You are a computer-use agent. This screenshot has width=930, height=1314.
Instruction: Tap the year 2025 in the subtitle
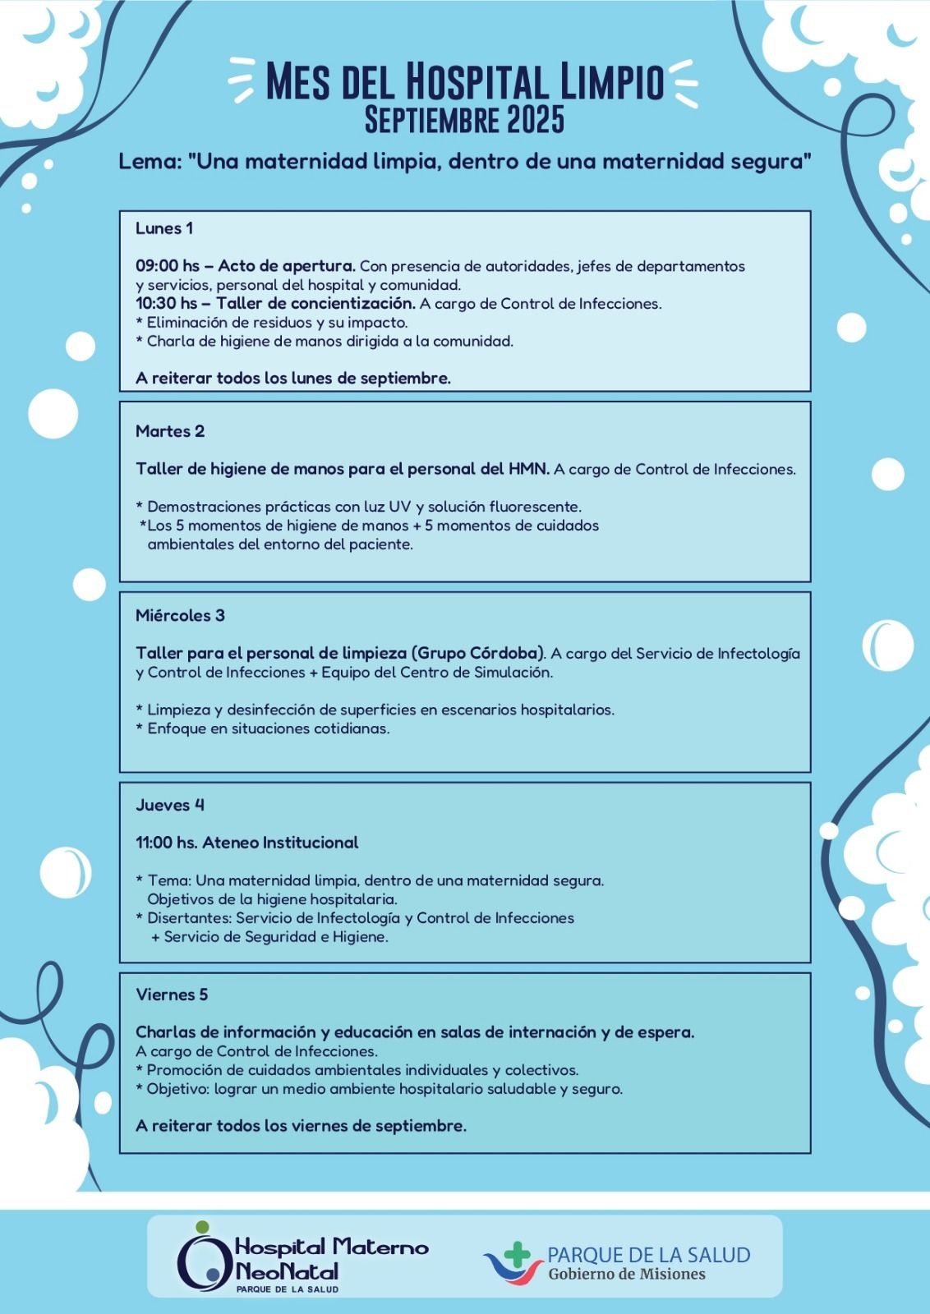pyautogui.click(x=536, y=120)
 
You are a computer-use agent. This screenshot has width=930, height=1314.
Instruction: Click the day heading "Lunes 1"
pyautogui.click(x=164, y=228)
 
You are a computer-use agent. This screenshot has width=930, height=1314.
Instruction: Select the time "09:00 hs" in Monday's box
pyautogui.click(x=168, y=266)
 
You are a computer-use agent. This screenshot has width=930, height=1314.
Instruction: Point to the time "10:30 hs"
pyautogui.click(x=167, y=304)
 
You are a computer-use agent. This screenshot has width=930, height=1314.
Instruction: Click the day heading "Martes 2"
pyautogui.click(x=170, y=431)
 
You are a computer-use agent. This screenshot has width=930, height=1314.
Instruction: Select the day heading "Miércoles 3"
pyautogui.click(x=180, y=615)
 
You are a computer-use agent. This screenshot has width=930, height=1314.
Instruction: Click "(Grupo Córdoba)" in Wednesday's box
pyautogui.click(x=480, y=654)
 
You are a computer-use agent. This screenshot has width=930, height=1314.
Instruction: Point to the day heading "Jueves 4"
pyautogui.click(x=170, y=805)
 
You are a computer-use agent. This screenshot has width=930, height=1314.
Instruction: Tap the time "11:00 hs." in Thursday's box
pyautogui.click(x=166, y=843)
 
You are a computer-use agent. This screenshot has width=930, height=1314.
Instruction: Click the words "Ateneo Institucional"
pyautogui.click(x=280, y=843)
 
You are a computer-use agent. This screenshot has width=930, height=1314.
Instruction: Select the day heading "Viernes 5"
pyautogui.click(x=172, y=995)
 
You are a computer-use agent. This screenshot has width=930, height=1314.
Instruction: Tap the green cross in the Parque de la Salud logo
pyautogui.click(x=518, y=1253)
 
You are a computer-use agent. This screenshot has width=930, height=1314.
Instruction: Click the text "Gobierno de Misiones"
pyautogui.click(x=627, y=1274)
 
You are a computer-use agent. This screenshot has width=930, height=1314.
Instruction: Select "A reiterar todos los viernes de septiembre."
pyautogui.click(x=301, y=1126)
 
